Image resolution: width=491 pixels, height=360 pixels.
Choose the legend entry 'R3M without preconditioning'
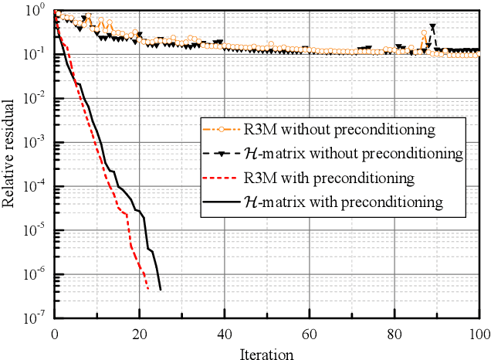[327, 129]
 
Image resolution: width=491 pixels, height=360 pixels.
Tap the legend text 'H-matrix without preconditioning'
[347, 154]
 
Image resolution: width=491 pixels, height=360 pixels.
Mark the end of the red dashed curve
[148, 290]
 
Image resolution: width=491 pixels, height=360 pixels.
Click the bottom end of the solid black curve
[161, 290]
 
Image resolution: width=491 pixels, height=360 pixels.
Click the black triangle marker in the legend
[221, 154]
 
